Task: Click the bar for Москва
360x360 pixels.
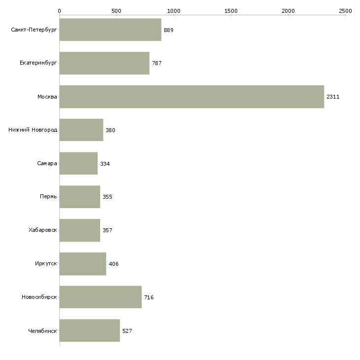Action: (192, 97)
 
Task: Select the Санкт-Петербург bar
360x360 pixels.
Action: (110, 30)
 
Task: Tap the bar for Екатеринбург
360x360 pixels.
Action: (105, 63)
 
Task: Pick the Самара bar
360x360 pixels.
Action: (78, 163)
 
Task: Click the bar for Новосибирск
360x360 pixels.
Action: (101, 297)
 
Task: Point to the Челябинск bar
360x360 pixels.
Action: (90, 330)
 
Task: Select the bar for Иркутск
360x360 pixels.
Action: (83, 263)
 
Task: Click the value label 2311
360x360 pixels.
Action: (333, 97)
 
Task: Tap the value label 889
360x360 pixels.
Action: (169, 30)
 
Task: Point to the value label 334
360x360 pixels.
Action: (105, 164)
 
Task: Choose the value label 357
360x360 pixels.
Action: (108, 230)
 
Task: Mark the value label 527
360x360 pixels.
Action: (127, 331)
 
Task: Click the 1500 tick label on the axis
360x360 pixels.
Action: (231, 11)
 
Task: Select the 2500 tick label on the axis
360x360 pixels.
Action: (345, 11)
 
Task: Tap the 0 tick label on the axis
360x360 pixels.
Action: (60, 11)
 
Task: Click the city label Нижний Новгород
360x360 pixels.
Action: (33, 130)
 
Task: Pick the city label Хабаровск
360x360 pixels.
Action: (43, 230)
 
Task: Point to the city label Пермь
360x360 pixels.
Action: (48, 197)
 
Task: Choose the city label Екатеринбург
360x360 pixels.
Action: (38, 63)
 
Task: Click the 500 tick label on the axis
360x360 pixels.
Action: (116, 11)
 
